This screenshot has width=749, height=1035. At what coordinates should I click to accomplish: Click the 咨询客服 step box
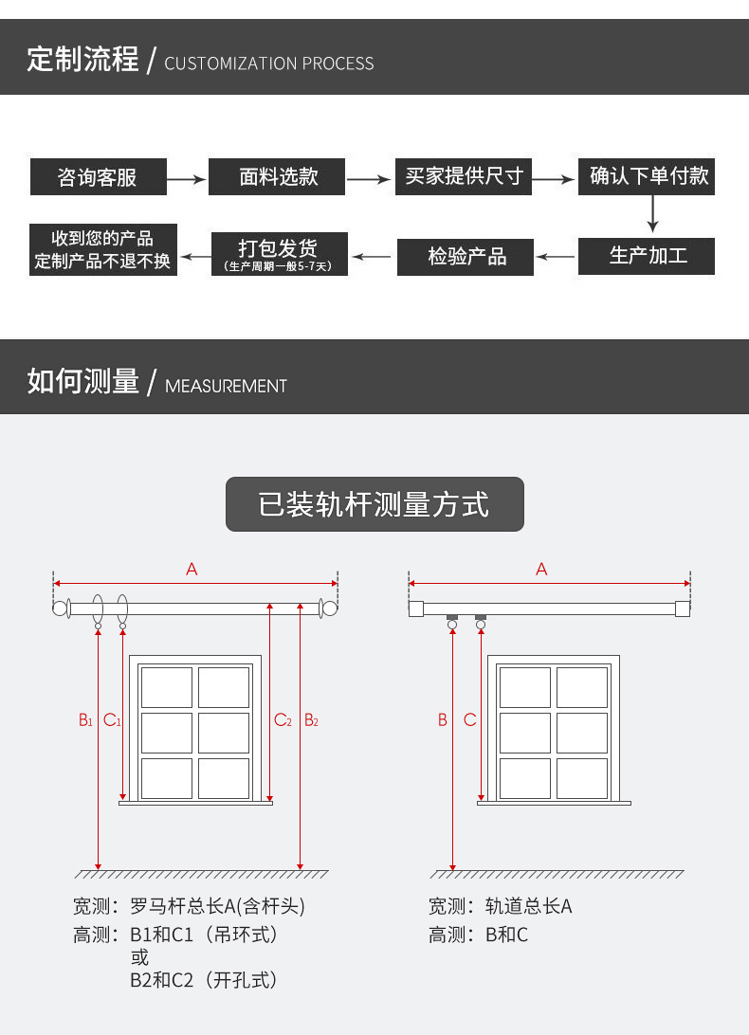(x=98, y=177)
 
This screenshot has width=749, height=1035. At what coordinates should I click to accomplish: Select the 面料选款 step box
(x=277, y=177)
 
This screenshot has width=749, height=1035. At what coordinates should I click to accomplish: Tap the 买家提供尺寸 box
(x=464, y=177)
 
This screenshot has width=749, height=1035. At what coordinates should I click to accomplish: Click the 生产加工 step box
(x=647, y=256)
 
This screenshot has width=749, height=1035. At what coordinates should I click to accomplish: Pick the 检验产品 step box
(x=466, y=257)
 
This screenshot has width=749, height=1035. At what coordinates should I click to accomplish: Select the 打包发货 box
(x=279, y=254)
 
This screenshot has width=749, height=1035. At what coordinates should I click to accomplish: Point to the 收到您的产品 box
(x=101, y=250)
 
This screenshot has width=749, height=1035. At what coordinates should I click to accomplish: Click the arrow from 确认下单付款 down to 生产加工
(x=652, y=214)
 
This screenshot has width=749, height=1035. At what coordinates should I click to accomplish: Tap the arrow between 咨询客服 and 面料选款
(x=188, y=178)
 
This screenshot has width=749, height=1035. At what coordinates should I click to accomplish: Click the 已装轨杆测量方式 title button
(x=374, y=504)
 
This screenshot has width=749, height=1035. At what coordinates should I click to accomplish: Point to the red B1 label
(x=85, y=720)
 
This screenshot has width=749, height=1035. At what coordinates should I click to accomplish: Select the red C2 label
(x=283, y=720)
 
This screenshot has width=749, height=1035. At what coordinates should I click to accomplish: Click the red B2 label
(x=311, y=720)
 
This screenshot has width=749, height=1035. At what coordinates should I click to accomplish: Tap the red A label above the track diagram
(x=541, y=570)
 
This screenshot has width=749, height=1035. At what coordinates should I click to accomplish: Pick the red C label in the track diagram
(x=470, y=720)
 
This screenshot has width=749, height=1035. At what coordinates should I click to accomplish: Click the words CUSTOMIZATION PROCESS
(x=269, y=64)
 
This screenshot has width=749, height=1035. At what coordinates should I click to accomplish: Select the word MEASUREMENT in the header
(x=226, y=387)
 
